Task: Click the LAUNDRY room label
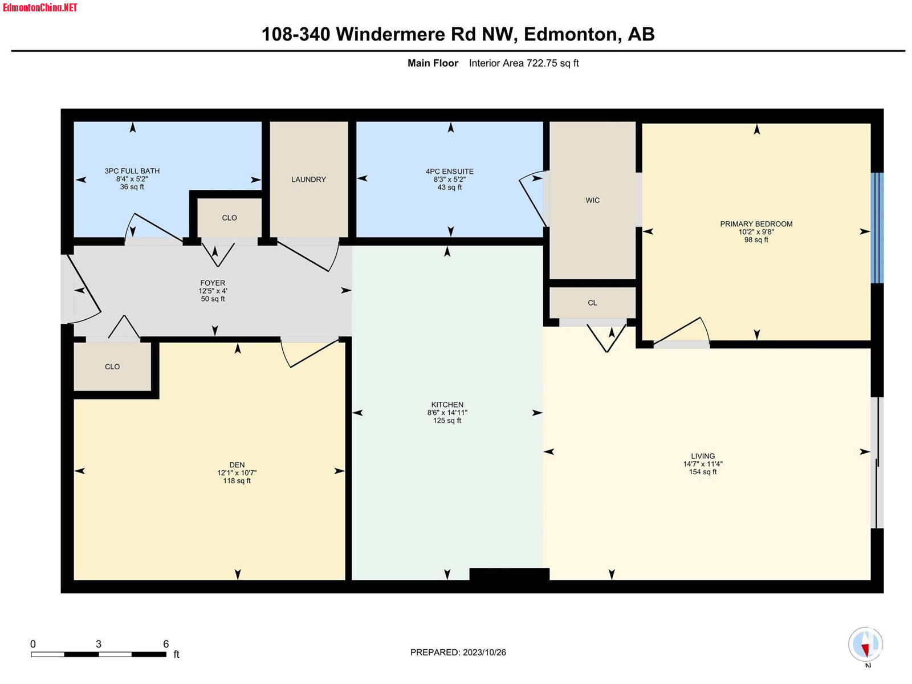point(308,179)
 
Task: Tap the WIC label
point(592,200)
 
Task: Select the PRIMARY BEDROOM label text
point(756,224)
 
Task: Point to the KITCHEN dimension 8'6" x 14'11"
point(447,412)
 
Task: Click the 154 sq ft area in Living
point(703,472)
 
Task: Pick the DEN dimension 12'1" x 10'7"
point(237,473)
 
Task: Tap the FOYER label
point(212,283)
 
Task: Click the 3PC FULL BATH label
point(132,170)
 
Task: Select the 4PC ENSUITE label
point(449,171)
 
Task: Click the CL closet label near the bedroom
point(592,303)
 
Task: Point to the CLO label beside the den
point(112,367)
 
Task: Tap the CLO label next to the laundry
point(229,218)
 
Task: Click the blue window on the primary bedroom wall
point(877,227)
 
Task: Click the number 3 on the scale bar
point(99,644)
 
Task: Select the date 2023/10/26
point(484,652)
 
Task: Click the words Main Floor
point(433,63)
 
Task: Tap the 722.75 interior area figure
point(541,63)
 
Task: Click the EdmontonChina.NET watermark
point(40,7)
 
